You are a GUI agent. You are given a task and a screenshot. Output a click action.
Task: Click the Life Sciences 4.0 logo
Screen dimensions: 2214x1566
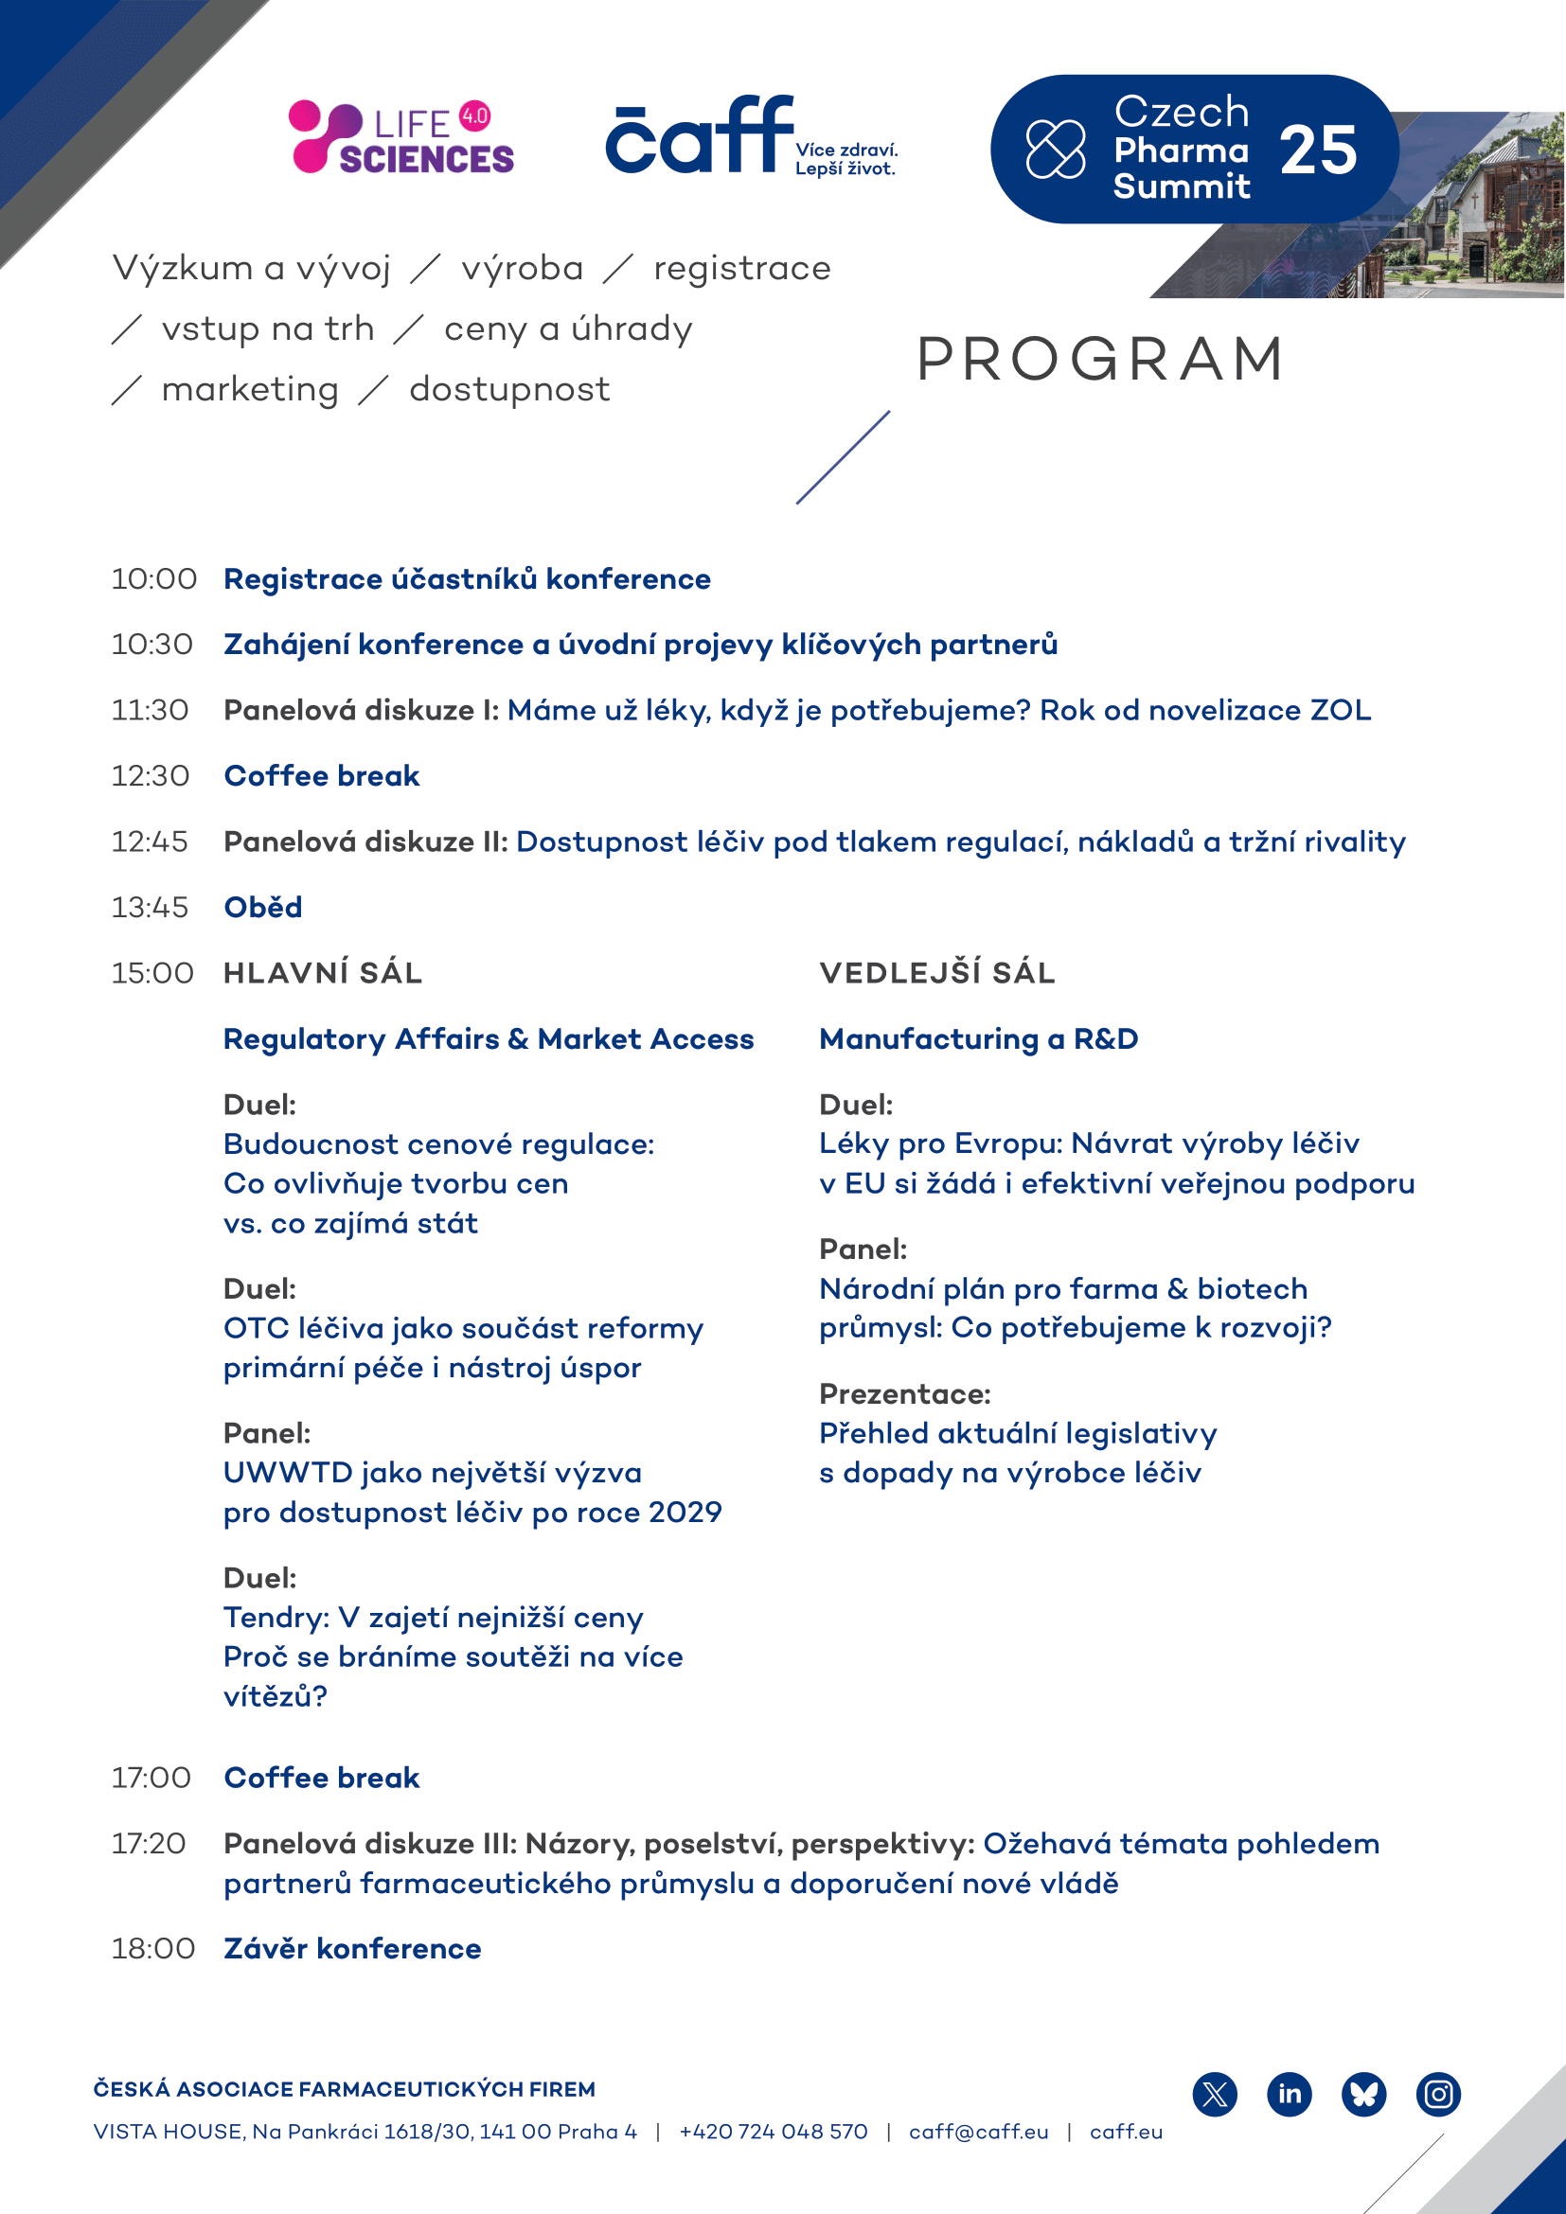(x=401, y=138)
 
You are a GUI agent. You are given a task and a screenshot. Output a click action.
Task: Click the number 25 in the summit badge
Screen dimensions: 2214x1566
(x=1318, y=151)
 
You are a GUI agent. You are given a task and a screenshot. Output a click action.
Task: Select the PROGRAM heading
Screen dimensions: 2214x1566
(x=1100, y=360)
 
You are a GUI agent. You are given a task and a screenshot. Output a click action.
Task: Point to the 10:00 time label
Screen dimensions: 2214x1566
(x=153, y=579)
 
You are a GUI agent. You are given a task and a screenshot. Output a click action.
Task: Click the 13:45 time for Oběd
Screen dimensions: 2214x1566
(x=150, y=908)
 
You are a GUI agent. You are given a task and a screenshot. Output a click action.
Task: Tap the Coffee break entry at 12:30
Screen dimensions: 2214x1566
(x=321, y=776)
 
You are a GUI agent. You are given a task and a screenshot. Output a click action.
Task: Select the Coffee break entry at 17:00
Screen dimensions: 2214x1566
(x=321, y=1778)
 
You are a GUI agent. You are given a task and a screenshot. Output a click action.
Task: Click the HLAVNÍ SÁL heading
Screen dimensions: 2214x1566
(x=323, y=973)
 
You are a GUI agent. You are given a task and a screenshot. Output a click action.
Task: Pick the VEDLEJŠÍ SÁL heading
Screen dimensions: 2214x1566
(x=937, y=973)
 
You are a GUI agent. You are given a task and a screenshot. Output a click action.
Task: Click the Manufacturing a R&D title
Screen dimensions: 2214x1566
(x=979, y=1038)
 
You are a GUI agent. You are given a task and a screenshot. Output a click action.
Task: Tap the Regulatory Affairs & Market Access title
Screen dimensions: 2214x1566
(x=488, y=1038)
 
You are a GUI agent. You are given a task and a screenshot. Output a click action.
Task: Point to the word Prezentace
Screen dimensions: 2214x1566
(x=904, y=1394)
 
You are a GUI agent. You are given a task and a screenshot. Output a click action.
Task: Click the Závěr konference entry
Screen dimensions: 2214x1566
(x=352, y=1949)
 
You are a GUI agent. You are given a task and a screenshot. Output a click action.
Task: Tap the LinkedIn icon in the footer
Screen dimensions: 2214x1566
(x=1290, y=2095)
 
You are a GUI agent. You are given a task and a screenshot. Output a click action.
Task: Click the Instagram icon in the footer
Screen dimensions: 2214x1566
(x=1439, y=2095)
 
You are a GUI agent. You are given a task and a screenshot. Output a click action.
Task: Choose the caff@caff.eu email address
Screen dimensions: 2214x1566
(x=978, y=2132)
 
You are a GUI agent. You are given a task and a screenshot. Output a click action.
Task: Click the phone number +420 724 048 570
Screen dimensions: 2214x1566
(x=774, y=2132)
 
